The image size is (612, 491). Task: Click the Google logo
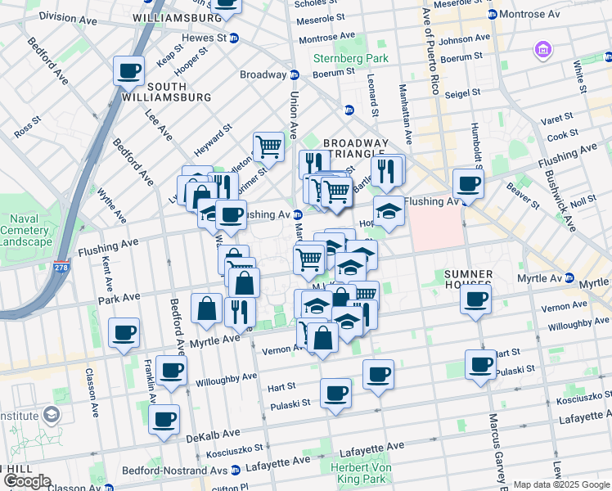click(x=26, y=481)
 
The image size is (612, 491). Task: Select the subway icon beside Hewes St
click(x=234, y=38)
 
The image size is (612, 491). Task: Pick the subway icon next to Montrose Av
click(x=491, y=15)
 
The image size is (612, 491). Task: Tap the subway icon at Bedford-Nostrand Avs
click(x=236, y=471)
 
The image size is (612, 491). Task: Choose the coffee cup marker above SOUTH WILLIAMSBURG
click(x=128, y=70)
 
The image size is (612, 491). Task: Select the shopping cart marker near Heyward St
click(x=268, y=147)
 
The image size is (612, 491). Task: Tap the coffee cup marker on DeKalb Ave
click(x=164, y=420)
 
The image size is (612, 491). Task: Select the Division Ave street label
click(x=69, y=16)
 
